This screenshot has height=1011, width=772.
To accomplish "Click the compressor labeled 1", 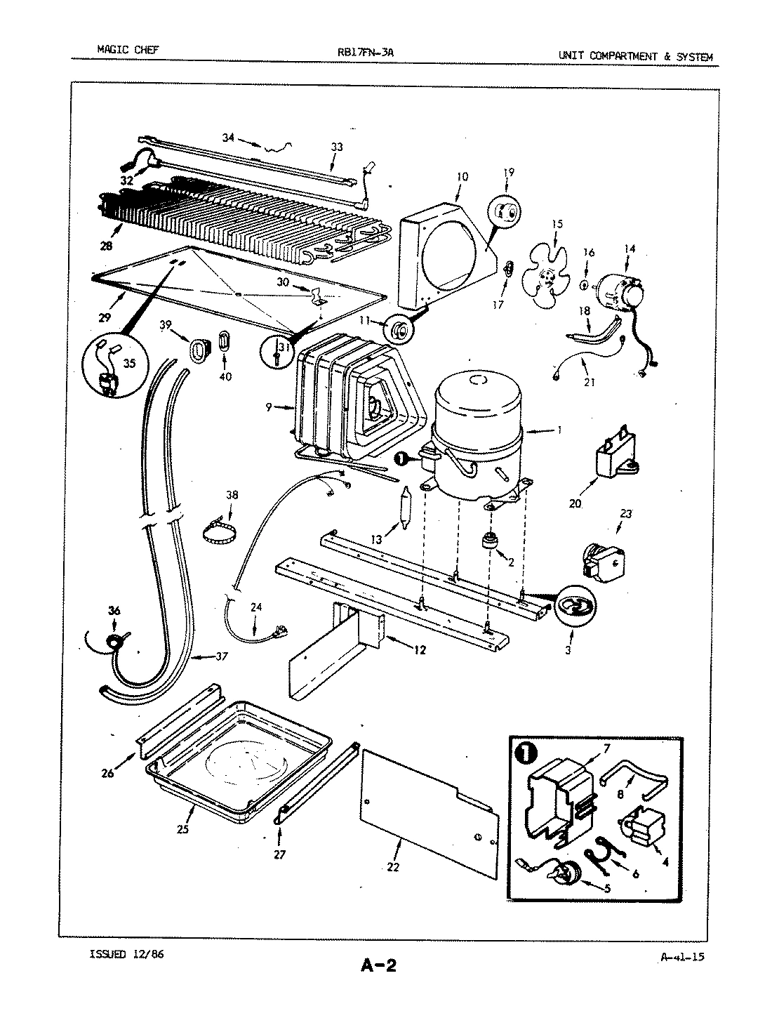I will [477, 435].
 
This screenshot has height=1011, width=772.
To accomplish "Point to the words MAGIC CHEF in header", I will [128, 50].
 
